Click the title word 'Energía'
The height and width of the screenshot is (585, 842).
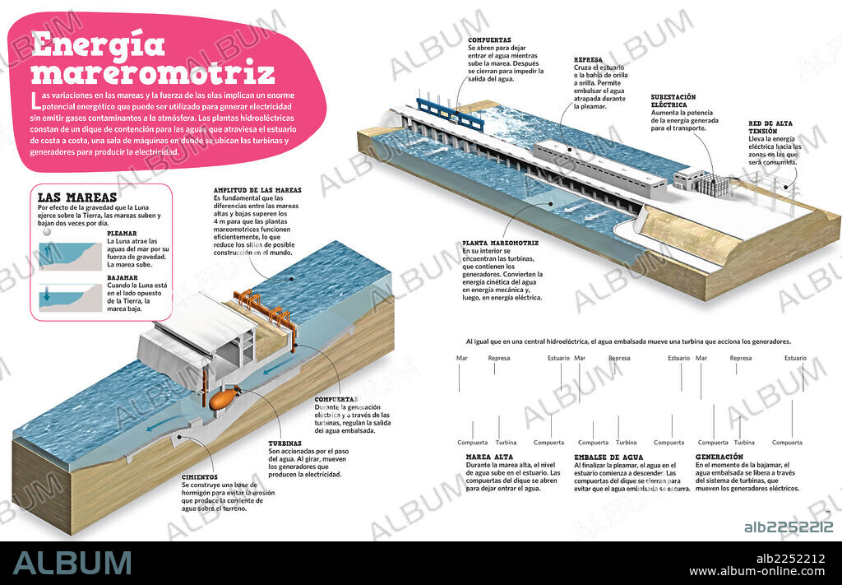[x=98, y=44]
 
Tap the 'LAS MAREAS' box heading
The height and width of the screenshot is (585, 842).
[x=77, y=197]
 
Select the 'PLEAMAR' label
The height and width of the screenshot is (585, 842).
[x=123, y=233]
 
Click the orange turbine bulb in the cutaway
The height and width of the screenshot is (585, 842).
[x=221, y=400]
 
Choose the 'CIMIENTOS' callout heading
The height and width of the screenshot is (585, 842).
[x=200, y=476]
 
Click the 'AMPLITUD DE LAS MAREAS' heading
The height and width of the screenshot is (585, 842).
[x=257, y=190]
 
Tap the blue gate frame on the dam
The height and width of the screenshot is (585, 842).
[x=450, y=112]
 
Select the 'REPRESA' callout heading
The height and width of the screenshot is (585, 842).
[x=589, y=60]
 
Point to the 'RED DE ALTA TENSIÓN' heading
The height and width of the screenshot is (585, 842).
[x=773, y=128]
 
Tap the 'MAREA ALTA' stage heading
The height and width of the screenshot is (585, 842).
[x=491, y=457]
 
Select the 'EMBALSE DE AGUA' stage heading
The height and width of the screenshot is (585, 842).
[x=608, y=457]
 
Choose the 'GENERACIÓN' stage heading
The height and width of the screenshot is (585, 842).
[x=719, y=457]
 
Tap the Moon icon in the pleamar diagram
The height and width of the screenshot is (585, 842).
[x=46, y=233]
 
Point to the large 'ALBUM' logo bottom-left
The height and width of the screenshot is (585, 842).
[x=72, y=562]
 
